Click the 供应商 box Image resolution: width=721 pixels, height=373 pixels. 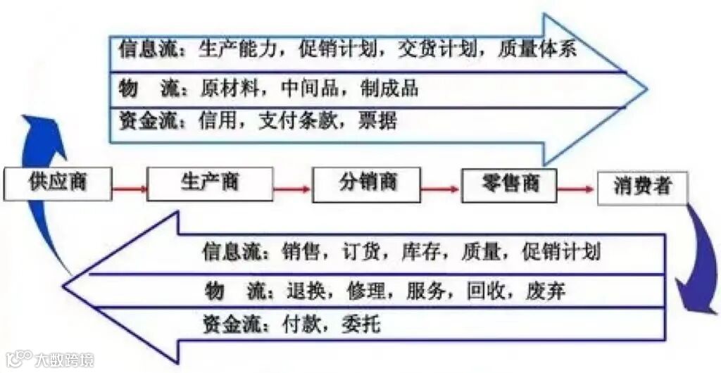coord(58,182)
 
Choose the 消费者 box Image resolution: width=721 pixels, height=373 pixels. coord(641,187)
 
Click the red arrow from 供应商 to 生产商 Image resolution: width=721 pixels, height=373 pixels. coord(130,189)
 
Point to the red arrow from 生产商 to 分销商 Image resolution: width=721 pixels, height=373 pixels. coord(291,189)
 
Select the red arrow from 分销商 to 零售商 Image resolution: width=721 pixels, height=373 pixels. coord(441,189)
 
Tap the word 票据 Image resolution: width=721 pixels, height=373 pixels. coord(380,120)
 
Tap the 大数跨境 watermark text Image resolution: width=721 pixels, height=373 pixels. coord(64,360)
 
